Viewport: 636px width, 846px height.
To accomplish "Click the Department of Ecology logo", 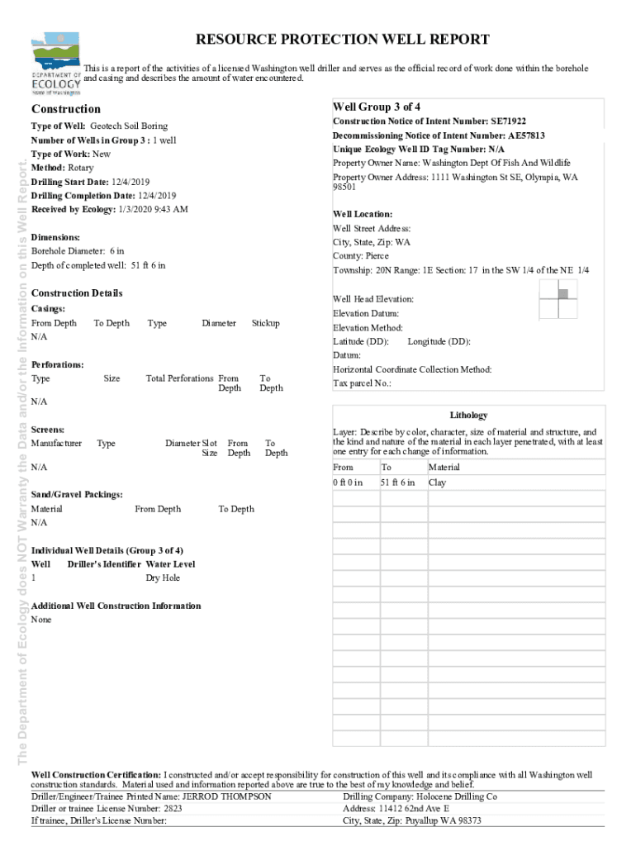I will click(56, 64).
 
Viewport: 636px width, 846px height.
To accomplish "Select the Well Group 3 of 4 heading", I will click(377, 107).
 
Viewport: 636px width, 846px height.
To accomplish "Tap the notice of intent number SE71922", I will click(507, 121).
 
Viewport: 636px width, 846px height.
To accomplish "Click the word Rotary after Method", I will click(80, 168).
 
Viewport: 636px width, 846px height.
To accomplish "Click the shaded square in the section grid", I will click(563, 293).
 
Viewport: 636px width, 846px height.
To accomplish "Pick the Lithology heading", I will click(468, 416).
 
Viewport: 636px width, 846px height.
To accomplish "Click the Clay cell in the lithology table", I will click(437, 482).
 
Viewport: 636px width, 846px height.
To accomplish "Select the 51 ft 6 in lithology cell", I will click(397, 482).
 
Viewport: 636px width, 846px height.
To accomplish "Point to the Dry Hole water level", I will click(163, 578).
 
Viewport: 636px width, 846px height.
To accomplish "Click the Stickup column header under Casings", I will click(265, 323).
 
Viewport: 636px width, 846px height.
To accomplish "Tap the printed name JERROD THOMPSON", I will click(226, 796).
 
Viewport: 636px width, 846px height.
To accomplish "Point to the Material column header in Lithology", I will click(444, 468).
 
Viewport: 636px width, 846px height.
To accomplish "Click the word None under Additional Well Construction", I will click(40, 620).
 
